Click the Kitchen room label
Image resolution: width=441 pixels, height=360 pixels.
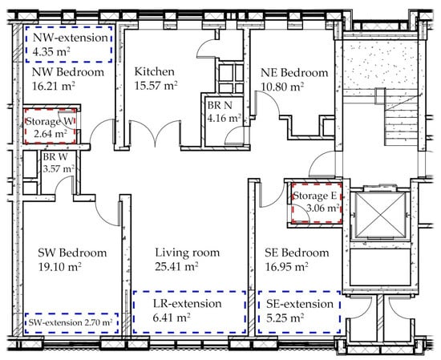[x=154, y=71]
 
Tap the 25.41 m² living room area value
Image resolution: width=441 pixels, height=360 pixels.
[x=176, y=266]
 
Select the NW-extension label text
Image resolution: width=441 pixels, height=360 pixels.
[x=71, y=38]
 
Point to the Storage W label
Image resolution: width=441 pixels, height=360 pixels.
[x=50, y=122]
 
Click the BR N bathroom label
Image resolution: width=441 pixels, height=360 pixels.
[x=220, y=106]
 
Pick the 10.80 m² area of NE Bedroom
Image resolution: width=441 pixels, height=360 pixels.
[x=282, y=87]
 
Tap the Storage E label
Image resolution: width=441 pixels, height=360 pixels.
[x=315, y=196]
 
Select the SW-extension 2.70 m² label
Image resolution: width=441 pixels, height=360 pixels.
[x=71, y=322]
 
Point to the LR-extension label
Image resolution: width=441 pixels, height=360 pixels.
[x=188, y=304]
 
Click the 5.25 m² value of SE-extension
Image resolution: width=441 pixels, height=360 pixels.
[x=285, y=318]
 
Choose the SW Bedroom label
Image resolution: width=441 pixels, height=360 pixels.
[x=72, y=253]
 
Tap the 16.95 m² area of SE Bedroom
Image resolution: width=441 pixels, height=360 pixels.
[x=286, y=266]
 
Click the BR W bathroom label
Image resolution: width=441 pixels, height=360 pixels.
[x=55, y=157]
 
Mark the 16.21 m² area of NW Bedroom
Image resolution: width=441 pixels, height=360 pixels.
[x=54, y=86]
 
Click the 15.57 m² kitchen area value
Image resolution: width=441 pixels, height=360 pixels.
[x=156, y=85]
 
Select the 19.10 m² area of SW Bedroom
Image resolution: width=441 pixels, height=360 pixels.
[x=59, y=266]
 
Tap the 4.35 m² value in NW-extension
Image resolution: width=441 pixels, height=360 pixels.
[x=51, y=51]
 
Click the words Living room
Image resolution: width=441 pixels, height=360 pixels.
[x=188, y=253]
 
